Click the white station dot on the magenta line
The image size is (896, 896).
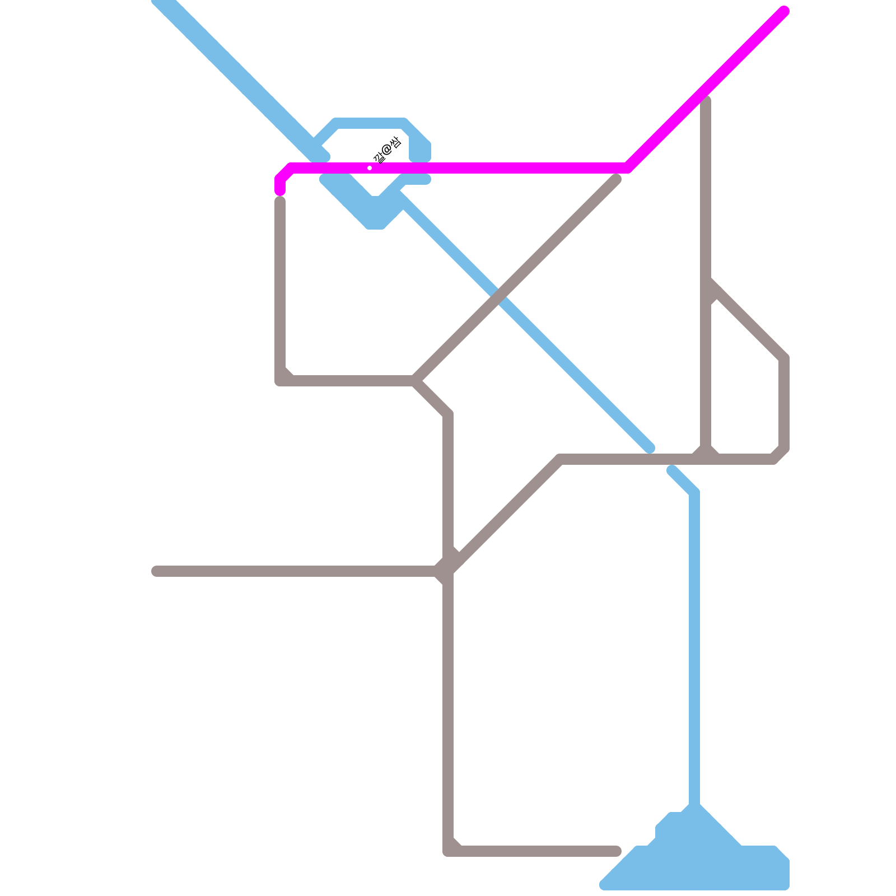click(370, 168)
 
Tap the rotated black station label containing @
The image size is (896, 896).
click(386, 150)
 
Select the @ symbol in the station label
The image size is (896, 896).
click(386, 150)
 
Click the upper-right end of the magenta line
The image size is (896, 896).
click(785, 11)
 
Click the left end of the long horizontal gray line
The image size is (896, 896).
click(156, 571)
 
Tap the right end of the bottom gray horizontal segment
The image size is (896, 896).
click(617, 851)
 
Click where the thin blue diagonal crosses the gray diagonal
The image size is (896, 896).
click(500, 296)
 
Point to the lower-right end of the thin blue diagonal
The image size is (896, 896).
click(650, 449)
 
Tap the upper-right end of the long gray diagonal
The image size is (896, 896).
click(617, 179)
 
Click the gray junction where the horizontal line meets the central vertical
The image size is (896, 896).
click(448, 571)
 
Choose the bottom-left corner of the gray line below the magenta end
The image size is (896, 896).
click(280, 381)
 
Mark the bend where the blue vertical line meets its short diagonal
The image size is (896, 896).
click(694, 493)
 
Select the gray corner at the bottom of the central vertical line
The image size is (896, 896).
click(448, 851)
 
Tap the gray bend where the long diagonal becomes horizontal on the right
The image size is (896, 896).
click(561, 460)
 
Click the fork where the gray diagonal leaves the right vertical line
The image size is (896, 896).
click(707, 283)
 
